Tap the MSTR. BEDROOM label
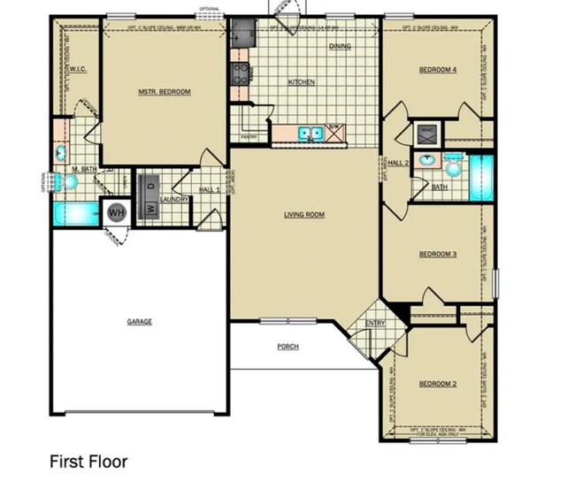[164, 92]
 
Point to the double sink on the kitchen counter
[309, 134]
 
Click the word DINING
[341, 46]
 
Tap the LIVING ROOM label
[303, 215]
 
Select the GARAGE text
[140, 321]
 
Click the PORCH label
[287, 347]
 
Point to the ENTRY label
[376, 324]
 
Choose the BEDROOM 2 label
[437, 384]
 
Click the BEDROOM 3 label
[437, 255]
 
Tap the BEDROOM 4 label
[437, 70]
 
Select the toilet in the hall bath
[455, 168]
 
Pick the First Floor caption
[88, 462]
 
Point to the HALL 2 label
[398, 163]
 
